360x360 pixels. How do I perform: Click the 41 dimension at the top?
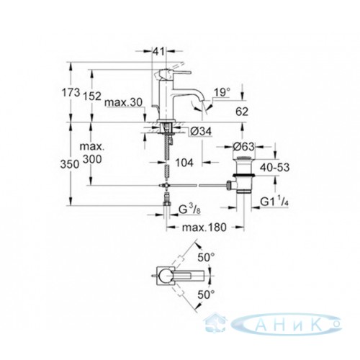point(160,51)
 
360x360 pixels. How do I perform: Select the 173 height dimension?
point(71,93)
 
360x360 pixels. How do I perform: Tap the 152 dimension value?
point(92,96)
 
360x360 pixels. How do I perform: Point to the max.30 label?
point(124,102)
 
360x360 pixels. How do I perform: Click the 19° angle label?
point(222,92)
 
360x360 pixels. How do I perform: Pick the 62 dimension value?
point(242,112)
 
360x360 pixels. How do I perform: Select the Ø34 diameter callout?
point(201,131)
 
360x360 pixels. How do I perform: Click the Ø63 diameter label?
point(243,146)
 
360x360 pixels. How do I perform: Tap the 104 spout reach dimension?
point(184,163)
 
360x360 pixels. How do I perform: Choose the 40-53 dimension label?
point(274,167)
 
